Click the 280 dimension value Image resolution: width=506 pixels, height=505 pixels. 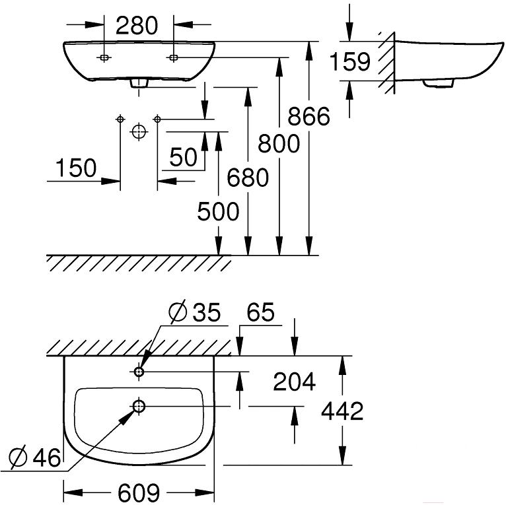pos(137,26)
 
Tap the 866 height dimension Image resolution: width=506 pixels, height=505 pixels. pos(309,116)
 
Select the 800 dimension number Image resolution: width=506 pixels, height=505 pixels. pos(279,144)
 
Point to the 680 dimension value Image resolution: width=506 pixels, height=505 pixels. pos(248,178)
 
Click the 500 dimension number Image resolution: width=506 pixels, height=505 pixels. pos(218,211)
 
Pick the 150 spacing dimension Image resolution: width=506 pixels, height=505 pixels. pos(76,168)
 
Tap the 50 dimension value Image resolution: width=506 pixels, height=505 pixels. pos(183,157)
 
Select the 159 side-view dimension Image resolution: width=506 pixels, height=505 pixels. pos(350,62)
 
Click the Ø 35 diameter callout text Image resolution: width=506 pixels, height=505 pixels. pos(195,312)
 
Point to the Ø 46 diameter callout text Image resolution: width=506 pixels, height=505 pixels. pos(35,457)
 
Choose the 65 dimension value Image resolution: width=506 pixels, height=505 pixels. pos(261,312)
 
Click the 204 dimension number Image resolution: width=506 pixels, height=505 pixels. pos(295,382)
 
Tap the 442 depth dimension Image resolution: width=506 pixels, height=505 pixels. pos(342,411)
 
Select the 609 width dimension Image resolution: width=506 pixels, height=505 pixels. pos(139,492)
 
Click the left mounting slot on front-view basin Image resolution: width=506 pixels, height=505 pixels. pos(104,57)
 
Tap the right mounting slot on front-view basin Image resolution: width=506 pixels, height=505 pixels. pos(173,57)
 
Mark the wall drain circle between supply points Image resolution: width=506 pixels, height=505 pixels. pos(139,132)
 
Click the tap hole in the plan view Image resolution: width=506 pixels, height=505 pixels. pos(139,372)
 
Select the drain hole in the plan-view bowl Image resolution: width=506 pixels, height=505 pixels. pos(139,407)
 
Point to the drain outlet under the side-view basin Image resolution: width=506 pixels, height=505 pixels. pos(439,84)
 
